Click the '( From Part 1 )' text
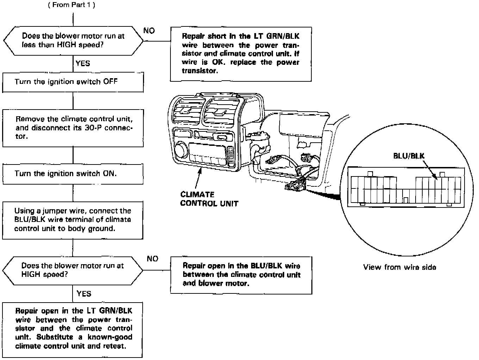[x=71, y=5]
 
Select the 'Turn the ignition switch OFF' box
[x=73, y=82]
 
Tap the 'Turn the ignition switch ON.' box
[x=73, y=174]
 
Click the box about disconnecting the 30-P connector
[x=73, y=128]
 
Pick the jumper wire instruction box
[x=73, y=220]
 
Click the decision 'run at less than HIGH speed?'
[x=73, y=41]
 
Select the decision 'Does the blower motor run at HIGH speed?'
[x=73, y=270]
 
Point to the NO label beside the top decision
[x=149, y=31]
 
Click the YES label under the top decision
[x=83, y=64]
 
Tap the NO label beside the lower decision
[x=153, y=259]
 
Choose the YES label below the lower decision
[x=84, y=294]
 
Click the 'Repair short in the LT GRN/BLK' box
[x=241, y=54]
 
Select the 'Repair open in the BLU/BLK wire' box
[x=241, y=275]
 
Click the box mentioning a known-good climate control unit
[x=73, y=329]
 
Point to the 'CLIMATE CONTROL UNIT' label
[x=209, y=199]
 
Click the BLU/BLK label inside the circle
[x=409, y=156]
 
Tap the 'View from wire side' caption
[x=399, y=267]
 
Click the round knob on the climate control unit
[x=181, y=149]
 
